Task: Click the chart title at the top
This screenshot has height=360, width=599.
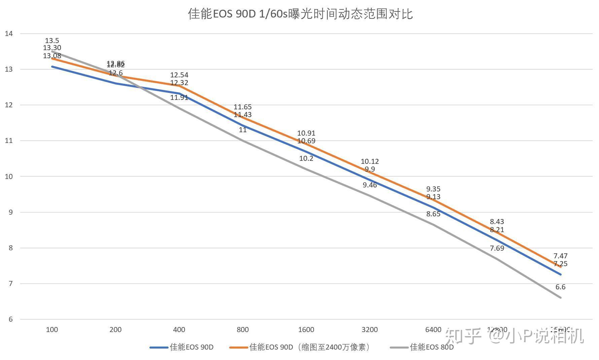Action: coord(300,14)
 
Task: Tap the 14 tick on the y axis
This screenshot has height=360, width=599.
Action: coord(9,33)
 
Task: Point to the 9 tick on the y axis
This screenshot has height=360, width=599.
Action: coord(11,212)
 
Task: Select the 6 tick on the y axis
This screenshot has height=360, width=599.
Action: coord(11,319)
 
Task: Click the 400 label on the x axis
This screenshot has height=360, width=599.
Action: coord(179,330)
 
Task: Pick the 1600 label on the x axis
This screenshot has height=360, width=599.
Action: coord(306,330)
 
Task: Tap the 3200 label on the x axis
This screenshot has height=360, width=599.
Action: coord(370,330)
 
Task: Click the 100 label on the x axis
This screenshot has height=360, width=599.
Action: coord(52,330)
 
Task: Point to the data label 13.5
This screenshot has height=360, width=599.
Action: coord(52,41)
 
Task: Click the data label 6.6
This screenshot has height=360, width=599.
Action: coord(560,287)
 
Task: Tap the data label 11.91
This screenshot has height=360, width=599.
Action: coord(179,98)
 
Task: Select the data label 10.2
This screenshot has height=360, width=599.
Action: coord(306,158)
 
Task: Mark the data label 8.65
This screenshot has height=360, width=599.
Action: coord(433,214)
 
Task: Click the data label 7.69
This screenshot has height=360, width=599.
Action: coord(497,248)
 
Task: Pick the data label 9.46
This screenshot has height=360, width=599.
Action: coord(370,185)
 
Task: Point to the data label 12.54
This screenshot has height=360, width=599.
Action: coord(179,75)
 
